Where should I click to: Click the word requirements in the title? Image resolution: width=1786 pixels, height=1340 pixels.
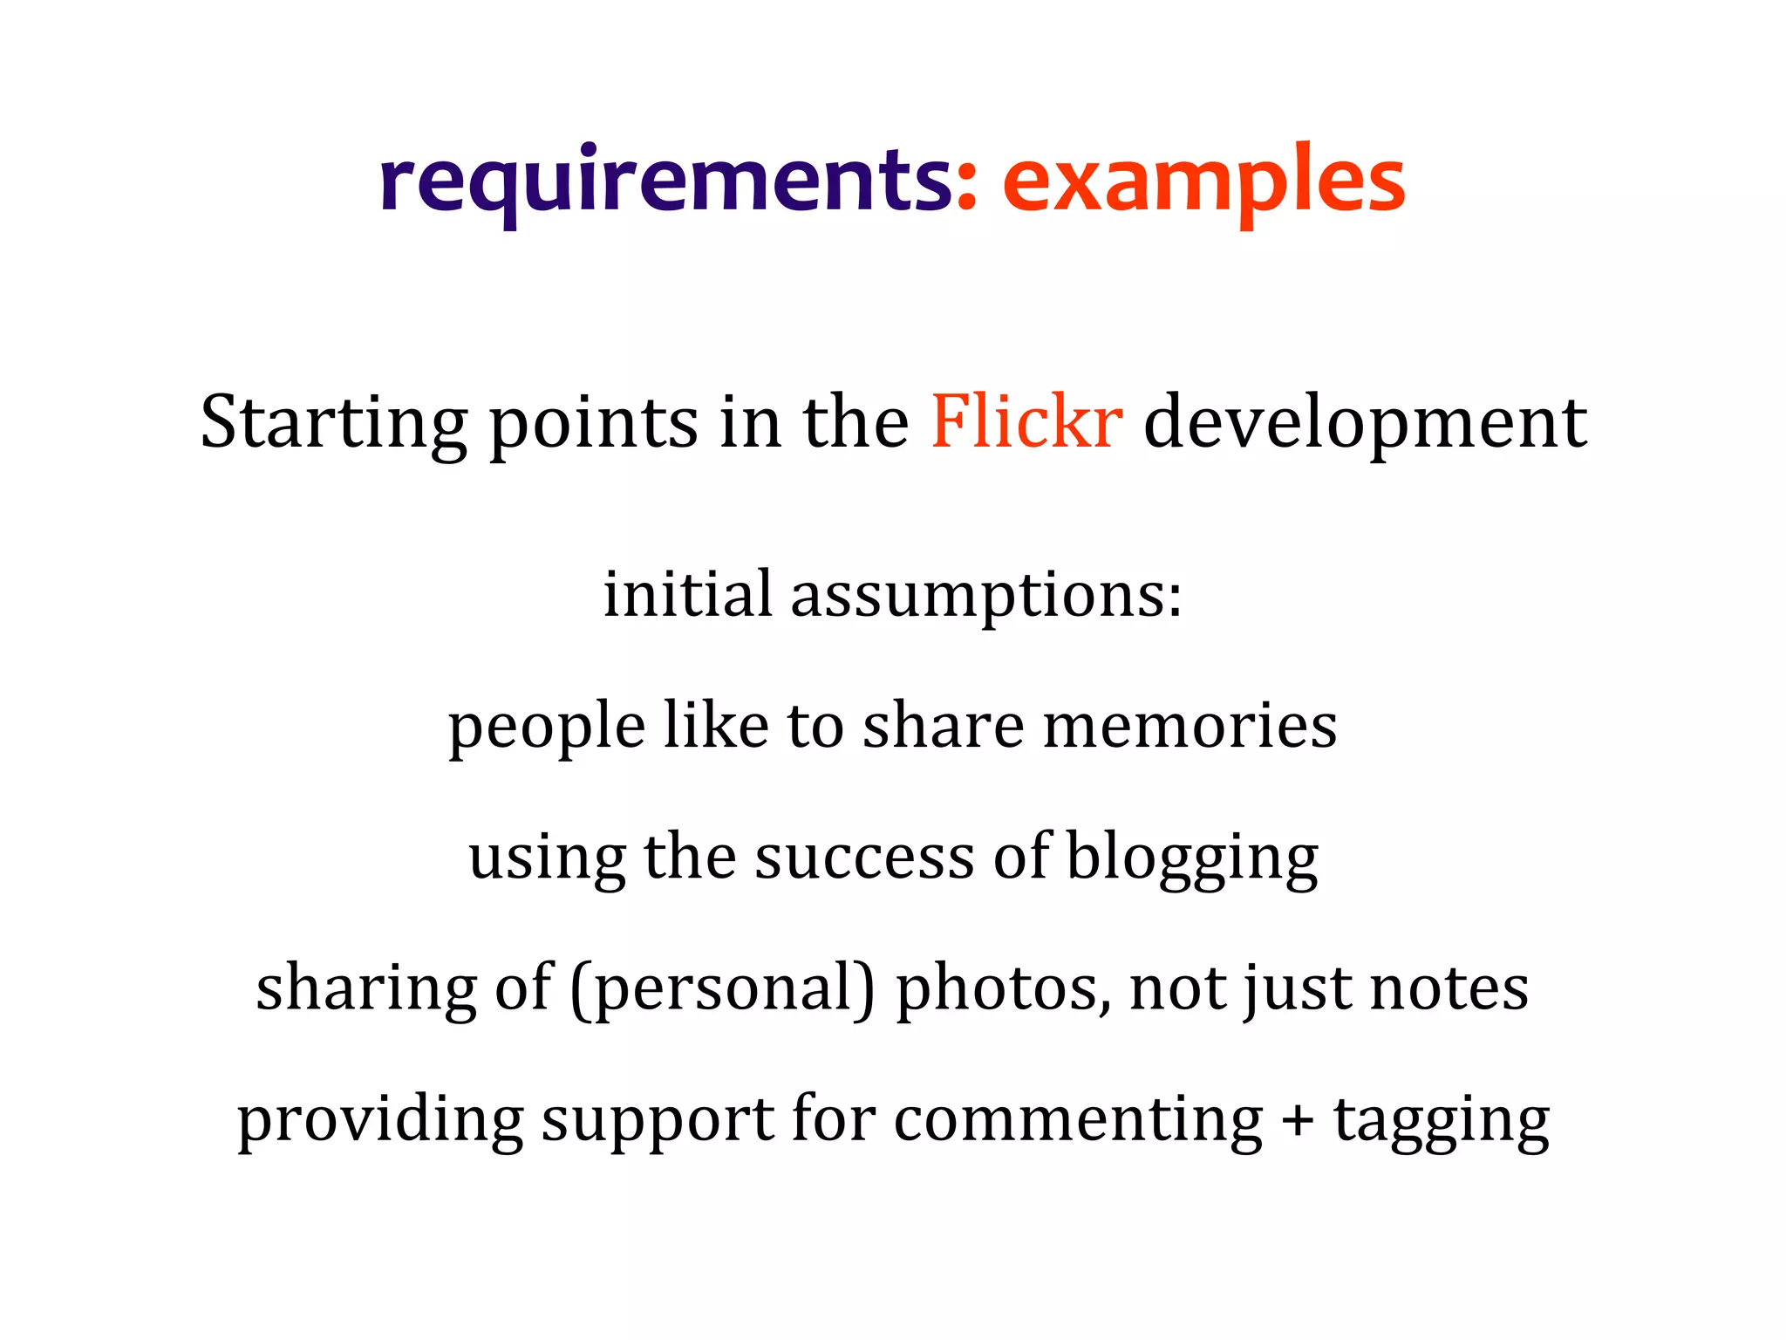[666, 181]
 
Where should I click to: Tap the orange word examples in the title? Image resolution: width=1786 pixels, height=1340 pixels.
[1203, 181]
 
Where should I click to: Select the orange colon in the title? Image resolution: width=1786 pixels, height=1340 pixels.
[966, 188]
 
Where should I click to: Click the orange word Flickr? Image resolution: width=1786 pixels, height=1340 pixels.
[1026, 422]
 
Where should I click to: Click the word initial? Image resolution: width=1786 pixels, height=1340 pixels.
[688, 595]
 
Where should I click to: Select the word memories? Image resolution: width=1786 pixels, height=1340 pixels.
[1190, 726]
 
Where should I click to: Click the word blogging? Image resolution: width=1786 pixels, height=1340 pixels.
[1192, 858]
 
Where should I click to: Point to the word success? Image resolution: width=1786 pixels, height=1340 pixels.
[864, 858]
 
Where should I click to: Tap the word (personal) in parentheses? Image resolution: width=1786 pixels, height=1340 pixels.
[723, 989]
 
